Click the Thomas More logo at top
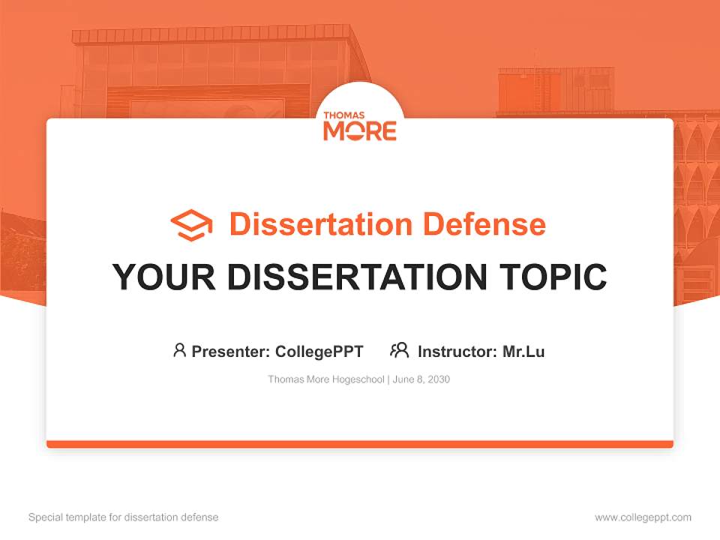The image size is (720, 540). (359, 124)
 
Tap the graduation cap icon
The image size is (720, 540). (191, 225)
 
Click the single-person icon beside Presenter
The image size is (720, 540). (179, 350)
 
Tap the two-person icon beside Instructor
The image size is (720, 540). (399, 350)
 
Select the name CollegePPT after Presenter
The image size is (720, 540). (319, 351)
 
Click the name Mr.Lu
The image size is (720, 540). (523, 351)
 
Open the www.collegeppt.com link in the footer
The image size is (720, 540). (643, 517)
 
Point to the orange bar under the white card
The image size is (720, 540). (360, 444)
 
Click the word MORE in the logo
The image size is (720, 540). (359, 131)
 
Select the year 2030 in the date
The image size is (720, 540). (439, 379)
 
